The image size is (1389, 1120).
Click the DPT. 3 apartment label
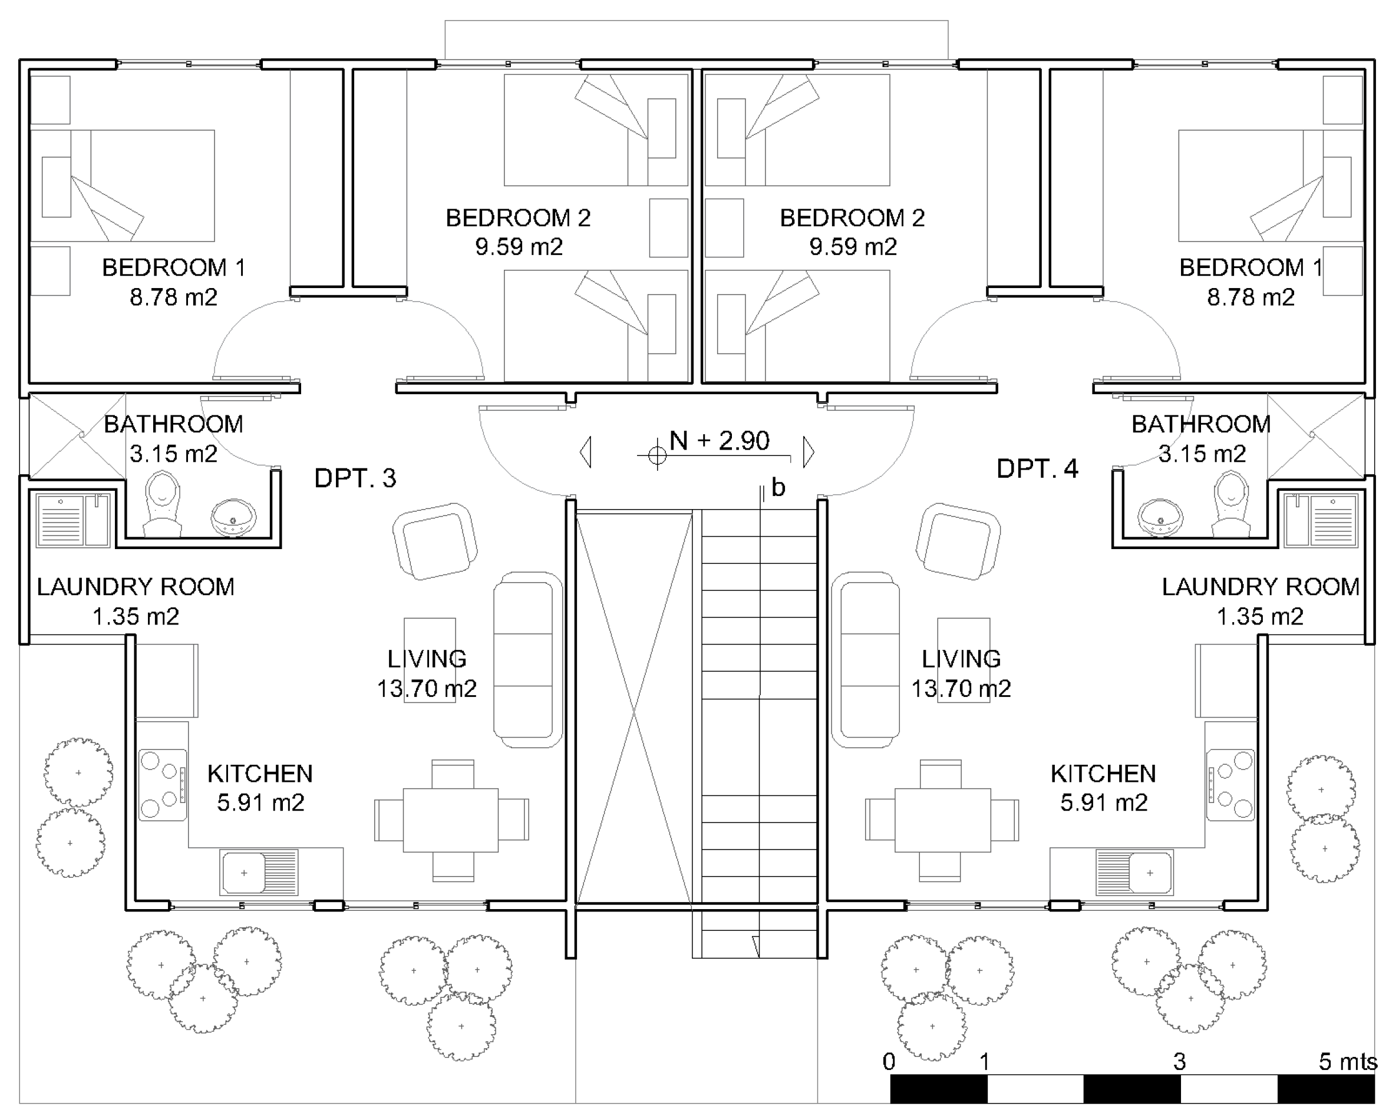tap(355, 478)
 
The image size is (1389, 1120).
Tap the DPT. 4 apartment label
tap(1037, 468)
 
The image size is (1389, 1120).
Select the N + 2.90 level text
tap(720, 441)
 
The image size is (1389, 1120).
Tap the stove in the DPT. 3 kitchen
tap(163, 785)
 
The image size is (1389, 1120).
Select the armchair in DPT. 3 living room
tap(435, 541)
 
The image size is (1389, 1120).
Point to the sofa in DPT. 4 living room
tap(865, 659)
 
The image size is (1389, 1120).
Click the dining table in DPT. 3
tap(451, 820)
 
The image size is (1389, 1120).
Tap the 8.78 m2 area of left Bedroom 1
tap(173, 298)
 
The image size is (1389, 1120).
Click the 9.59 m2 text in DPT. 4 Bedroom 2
tap(853, 247)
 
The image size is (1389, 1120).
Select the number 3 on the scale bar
tap(1179, 1062)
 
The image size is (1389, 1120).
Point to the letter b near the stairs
tap(778, 488)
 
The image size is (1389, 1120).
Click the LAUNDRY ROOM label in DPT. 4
tap(1261, 587)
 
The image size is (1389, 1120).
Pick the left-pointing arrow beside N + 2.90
tap(585, 452)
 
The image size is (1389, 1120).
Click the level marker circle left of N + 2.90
tap(656, 455)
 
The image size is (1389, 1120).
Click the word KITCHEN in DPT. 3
tap(260, 774)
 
